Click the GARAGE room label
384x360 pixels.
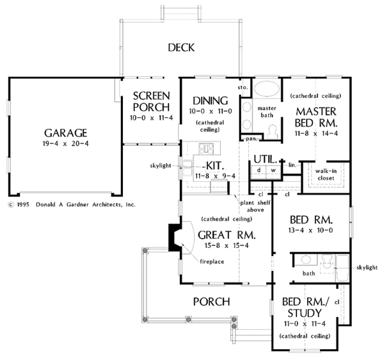[x=66, y=133]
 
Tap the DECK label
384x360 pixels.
[x=181, y=47]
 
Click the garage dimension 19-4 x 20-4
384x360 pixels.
[x=66, y=145]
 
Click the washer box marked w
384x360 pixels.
[x=273, y=170]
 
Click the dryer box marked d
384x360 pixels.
[x=259, y=170]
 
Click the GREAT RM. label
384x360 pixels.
[x=219, y=234]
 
